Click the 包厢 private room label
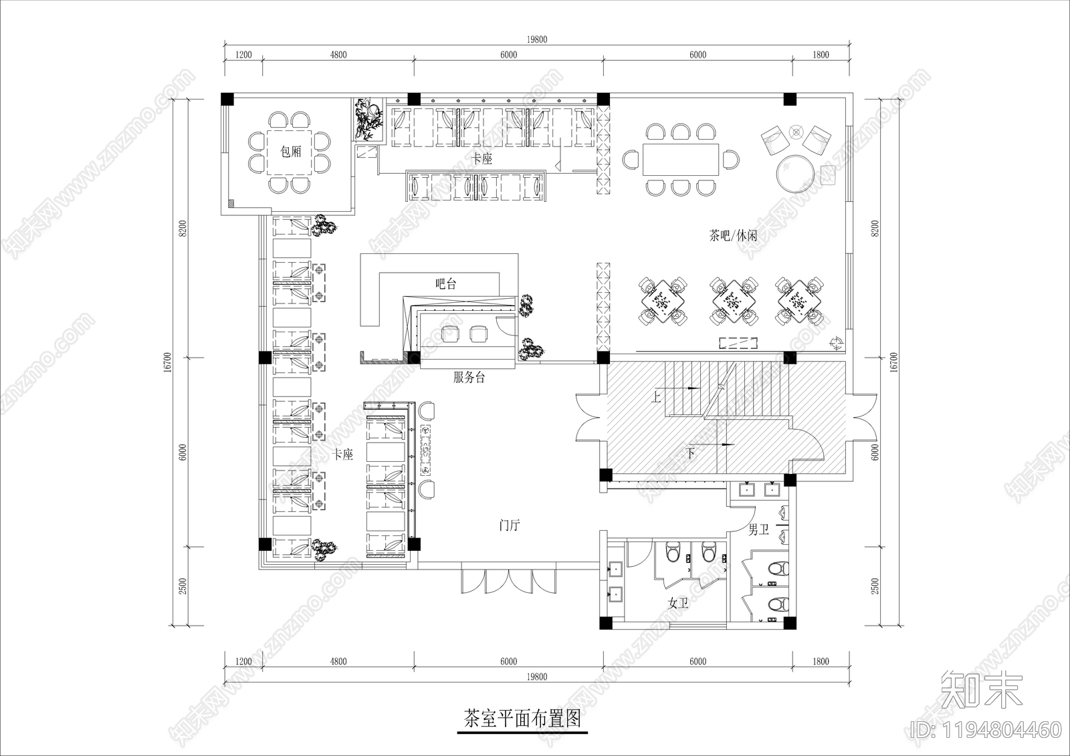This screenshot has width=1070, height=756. pyautogui.click(x=291, y=152)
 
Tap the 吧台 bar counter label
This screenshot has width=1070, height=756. pyautogui.click(x=446, y=283)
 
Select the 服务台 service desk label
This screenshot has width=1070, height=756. pyautogui.click(x=469, y=378)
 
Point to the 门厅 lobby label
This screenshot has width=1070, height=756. pyautogui.click(x=510, y=526)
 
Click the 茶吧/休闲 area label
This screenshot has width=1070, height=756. pyautogui.click(x=733, y=235)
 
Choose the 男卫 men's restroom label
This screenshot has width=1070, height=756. pyautogui.click(x=758, y=530)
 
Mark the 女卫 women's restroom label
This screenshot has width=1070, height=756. pyautogui.click(x=678, y=604)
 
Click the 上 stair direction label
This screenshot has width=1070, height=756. pyautogui.click(x=656, y=398)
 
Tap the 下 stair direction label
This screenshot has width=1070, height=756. pyautogui.click(x=691, y=454)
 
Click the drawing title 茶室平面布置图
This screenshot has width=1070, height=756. pyautogui.click(x=522, y=719)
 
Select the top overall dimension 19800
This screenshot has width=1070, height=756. pyautogui.click(x=536, y=39)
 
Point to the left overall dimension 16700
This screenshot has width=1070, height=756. pyautogui.click(x=168, y=363)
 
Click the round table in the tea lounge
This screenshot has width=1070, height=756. pyautogui.click(x=796, y=174)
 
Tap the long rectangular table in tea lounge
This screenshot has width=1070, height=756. pyautogui.click(x=681, y=159)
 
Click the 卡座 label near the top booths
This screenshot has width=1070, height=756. pyautogui.click(x=482, y=158)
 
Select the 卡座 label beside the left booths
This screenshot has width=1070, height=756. pyautogui.click(x=343, y=455)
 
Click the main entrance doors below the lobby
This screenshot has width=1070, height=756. pyautogui.click(x=508, y=580)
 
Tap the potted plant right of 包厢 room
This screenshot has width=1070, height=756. pyautogui.click(x=368, y=118)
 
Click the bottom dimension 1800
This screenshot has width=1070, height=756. pyautogui.click(x=821, y=662)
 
